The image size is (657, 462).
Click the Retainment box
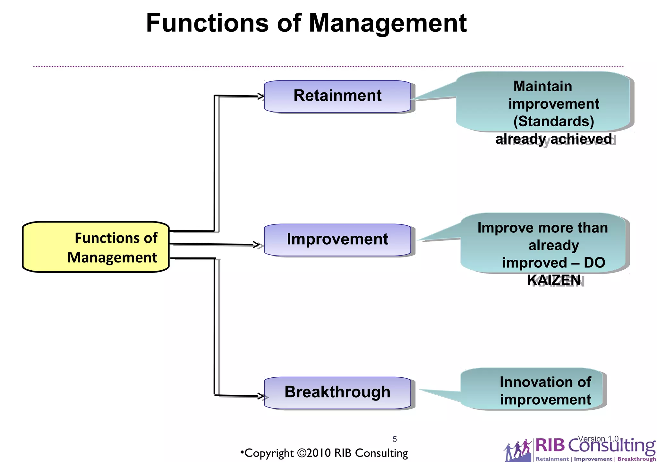tap(337, 96)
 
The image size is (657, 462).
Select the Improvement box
tap(337, 239)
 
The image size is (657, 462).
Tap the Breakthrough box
tap(337, 392)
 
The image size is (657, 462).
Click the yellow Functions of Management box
tap(96, 247)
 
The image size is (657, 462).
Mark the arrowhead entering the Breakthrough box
tap(261, 396)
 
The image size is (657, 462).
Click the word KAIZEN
tap(554, 280)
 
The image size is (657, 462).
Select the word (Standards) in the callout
tap(554, 122)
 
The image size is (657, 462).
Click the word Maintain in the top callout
tap(542, 86)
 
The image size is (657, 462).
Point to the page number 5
tap(395, 439)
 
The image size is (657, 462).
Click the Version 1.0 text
tap(598, 438)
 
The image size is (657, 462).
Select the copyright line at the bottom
tap(324, 453)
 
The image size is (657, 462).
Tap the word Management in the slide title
tap(387, 23)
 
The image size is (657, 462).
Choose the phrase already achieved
tap(554, 139)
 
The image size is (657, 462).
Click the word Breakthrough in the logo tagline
tap(636, 459)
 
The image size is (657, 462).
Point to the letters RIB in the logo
tap(550, 445)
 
